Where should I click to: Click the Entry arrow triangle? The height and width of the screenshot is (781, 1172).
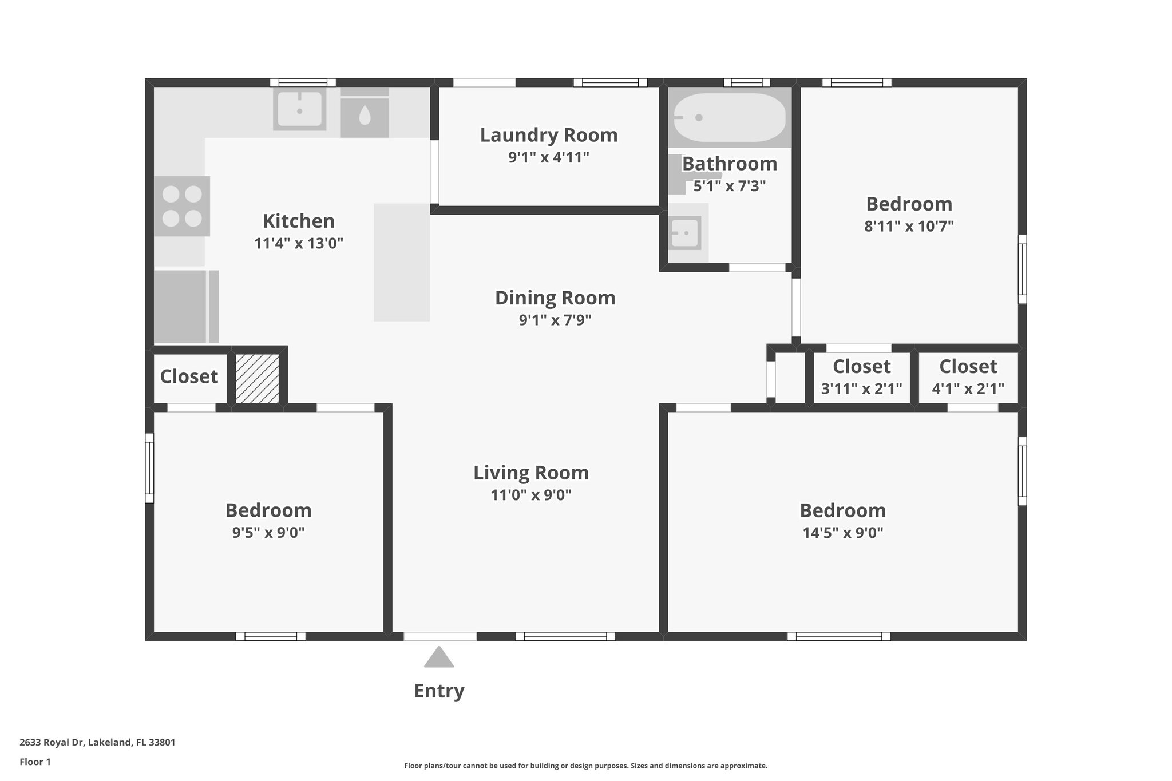(439, 657)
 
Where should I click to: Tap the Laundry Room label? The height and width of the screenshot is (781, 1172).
(549, 135)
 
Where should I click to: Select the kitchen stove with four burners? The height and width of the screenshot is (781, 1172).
(182, 206)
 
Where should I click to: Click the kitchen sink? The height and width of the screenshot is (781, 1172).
(299, 109)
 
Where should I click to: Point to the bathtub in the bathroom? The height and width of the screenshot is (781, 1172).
(729, 117)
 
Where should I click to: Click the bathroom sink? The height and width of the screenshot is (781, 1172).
(686, 233)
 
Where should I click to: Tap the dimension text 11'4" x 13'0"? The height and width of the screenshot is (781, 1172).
(299, 244)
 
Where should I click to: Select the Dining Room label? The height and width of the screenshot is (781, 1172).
(555, 298)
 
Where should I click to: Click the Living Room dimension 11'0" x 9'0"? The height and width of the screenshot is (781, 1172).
(531, 495)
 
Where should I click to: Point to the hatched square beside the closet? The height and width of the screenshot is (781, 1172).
(258, 379)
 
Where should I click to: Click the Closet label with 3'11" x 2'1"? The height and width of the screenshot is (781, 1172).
(862, 366)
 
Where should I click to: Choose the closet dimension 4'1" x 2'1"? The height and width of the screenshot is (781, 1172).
(968, 389)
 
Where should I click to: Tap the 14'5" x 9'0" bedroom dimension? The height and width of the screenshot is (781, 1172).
(843, 533)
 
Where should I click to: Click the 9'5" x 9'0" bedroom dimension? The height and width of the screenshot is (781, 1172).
(268, 533)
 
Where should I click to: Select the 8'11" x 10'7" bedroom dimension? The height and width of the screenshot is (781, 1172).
(909, 226)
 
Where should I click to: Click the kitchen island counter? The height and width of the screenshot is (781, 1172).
(402, 262)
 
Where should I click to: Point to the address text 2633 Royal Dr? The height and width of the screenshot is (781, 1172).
(52, 743)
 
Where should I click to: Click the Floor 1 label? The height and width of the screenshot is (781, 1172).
(35, 762)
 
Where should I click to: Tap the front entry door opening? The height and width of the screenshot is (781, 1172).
(440, 636)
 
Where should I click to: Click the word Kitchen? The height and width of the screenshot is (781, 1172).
(299, 221)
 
